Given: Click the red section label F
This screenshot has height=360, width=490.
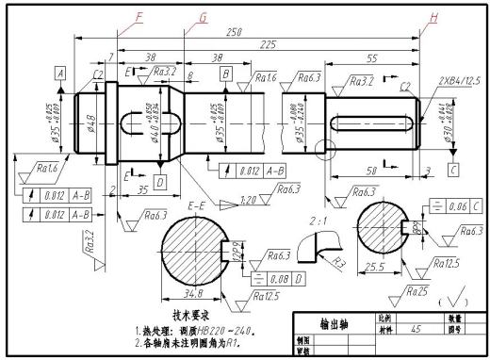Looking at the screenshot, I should (139, 16).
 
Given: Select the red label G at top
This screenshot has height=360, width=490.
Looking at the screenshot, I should (203, 17).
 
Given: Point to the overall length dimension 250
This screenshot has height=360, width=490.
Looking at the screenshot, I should (235, 32).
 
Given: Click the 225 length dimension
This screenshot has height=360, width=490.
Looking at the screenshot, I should (268, 44).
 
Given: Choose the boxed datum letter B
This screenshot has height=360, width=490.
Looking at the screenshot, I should (225, 73).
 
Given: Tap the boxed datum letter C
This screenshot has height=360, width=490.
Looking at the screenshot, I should (453, 170).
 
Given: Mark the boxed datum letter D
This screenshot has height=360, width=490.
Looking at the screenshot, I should (159, 180).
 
